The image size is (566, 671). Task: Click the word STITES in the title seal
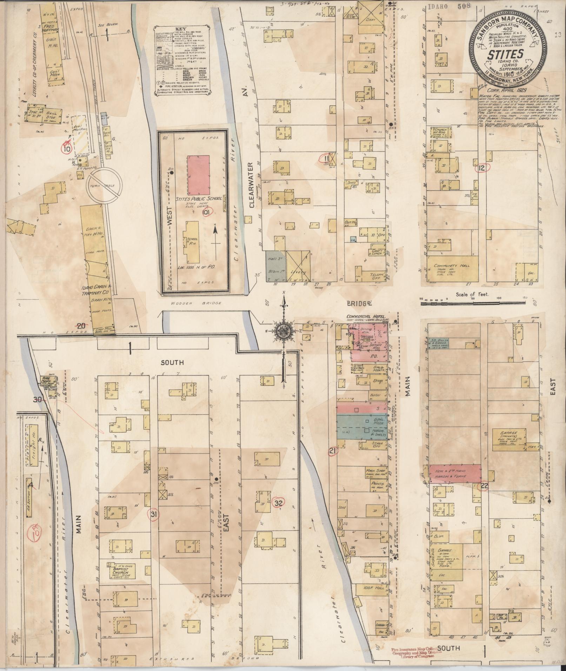click(505, 54)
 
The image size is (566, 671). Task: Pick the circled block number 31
click(153, 515)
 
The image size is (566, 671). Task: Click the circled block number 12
click(483, 169)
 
